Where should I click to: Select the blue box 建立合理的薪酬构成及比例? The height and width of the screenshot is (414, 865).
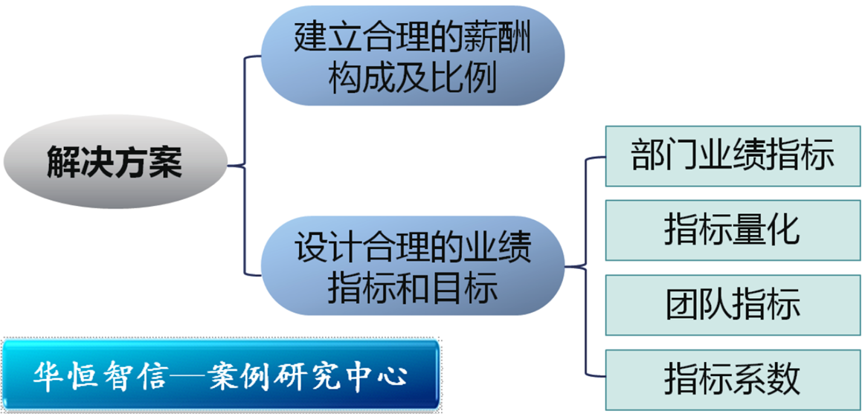click(x=413, y=56)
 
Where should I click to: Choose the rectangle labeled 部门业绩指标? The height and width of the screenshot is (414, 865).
click(x=733, y=157)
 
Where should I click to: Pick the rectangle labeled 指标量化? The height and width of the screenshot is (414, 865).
click(x=733, y=230)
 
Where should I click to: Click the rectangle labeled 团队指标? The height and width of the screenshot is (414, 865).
click(x=733, y=305)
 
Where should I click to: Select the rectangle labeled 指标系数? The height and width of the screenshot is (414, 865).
click(x=733, y=379)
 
